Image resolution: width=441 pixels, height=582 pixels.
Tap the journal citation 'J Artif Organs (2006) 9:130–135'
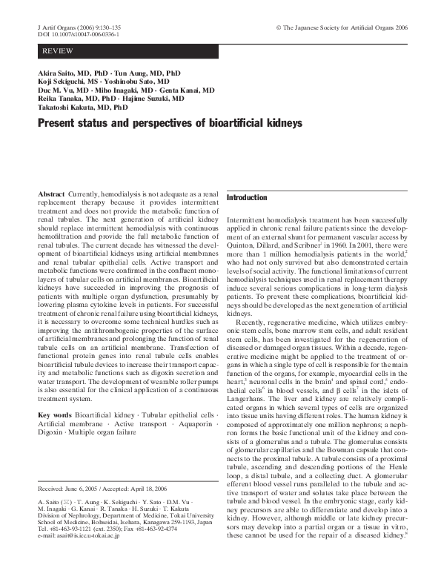pyautogui.click(x=79, y=27)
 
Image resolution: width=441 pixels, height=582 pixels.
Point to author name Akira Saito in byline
pyautogui.click(x=57, y=74)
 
